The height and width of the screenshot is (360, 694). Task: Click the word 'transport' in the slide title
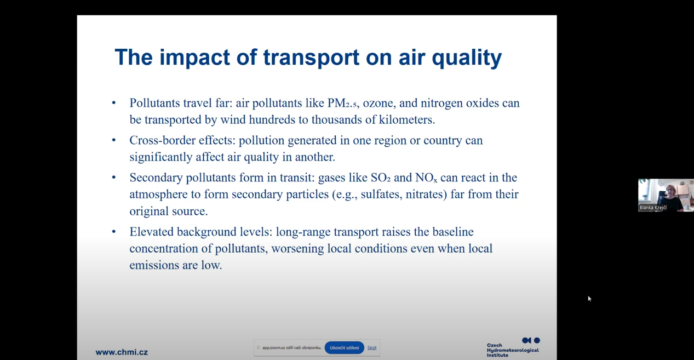311,58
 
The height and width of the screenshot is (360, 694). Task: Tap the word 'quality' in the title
467,58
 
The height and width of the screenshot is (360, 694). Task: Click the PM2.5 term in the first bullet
342,103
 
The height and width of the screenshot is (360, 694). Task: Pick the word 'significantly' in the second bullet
161,157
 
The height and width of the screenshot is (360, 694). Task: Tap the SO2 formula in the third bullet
381,178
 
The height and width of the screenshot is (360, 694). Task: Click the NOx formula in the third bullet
426,178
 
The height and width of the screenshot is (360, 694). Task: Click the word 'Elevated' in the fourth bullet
152,232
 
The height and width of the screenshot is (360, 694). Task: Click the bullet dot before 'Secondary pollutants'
114,178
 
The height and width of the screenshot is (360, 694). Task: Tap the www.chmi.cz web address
122,352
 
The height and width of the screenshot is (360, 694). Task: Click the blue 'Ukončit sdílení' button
344,347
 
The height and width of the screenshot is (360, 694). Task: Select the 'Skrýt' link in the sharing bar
372,347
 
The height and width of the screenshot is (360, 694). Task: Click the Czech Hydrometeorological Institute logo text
513,350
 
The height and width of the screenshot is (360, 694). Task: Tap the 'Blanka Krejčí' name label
653,208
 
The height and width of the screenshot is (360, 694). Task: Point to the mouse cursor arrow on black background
589,299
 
